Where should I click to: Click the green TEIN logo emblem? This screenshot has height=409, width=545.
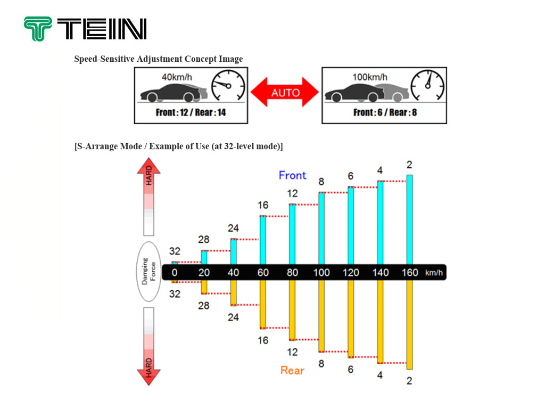click(38, 29)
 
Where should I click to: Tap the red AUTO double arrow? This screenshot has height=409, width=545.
click(285, 92)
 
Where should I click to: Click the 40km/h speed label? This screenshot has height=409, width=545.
click(177, 77)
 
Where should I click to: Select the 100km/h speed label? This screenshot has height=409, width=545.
click(369, 77)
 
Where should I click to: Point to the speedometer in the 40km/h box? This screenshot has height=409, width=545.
click(228, 86)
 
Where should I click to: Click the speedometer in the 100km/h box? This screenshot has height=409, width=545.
click(427, 86)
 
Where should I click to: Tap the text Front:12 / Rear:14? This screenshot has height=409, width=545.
click(191, 112)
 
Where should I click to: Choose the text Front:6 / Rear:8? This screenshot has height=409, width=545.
click(385, 112)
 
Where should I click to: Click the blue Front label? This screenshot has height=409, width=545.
click(292, 175)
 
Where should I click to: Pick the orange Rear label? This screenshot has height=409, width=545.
click(292, 371)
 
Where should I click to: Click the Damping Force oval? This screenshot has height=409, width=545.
click(149, 271)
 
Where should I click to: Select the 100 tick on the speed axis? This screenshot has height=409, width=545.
click(321, 272)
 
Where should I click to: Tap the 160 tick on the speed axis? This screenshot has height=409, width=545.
click(410, 272)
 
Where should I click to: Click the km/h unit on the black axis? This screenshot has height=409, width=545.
click(434, 273)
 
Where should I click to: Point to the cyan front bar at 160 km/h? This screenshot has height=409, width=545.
click(409, 219)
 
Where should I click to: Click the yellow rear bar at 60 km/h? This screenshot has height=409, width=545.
click(263, 304)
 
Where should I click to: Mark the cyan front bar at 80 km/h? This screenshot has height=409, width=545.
click(292, 234)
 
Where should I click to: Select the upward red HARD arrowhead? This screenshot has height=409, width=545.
click(149, 166)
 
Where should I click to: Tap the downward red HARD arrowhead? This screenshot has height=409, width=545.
click(149, 378)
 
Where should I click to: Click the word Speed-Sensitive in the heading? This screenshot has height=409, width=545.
click(104, 59)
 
